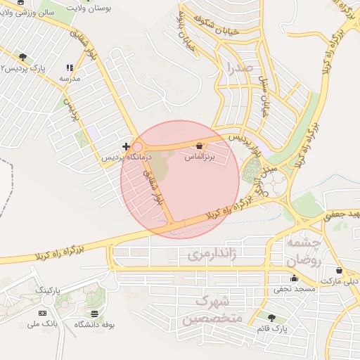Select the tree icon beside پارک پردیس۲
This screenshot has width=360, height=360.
[x=23, y=56]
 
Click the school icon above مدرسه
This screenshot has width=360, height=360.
[x=69, y=67]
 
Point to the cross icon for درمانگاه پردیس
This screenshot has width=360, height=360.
[x=125, y=146]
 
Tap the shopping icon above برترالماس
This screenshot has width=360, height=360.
[x=200, y=146]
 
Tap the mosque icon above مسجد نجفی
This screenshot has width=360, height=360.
[x=294, y=278]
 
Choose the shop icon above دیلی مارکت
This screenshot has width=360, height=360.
[x=340, y=270]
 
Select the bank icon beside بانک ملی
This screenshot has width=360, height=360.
[x=43, y=312]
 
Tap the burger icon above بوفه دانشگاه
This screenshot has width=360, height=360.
[x=94, y=313]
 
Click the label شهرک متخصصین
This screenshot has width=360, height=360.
[x=213, y=309]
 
